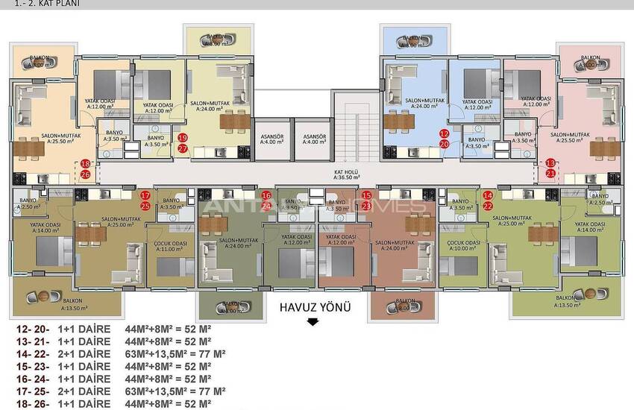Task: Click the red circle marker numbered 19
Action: pos(183,137)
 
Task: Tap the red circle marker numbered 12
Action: pos(444,133)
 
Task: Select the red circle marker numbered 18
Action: pos(85,163)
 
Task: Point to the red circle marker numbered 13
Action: pos(550,163)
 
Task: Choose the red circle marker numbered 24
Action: pos(267,206)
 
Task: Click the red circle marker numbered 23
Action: pos(366,206)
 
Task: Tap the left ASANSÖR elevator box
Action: pos(271,140)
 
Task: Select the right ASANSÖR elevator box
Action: pos(312,140)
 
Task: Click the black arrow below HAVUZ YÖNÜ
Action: pos(313,322)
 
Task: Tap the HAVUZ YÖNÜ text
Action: pos(314,306)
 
